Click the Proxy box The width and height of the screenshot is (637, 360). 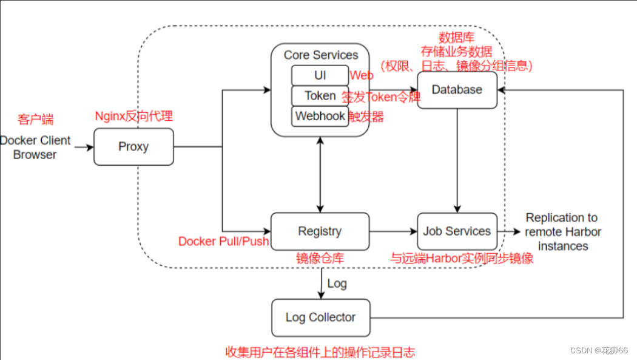point(133,146)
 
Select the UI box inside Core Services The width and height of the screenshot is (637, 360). point(320,75)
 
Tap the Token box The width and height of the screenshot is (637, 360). point(320,96)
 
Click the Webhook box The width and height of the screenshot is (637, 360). point(320,116)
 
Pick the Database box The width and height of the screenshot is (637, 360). point(457,90)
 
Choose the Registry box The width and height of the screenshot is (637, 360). point(320,231)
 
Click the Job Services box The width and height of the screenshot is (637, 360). point(457,231)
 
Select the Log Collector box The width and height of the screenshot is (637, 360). point(320,318)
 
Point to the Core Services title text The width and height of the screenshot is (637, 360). point(321,55)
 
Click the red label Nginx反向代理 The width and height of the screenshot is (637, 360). point(134,116)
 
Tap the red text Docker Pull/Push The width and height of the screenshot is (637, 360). point(223,242)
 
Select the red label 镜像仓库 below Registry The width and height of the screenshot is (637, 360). point(320,258)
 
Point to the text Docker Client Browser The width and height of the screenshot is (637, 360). point(35,148)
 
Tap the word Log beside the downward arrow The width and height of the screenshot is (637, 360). point(337,284)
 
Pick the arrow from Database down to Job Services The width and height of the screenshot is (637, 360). point(457,161)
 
